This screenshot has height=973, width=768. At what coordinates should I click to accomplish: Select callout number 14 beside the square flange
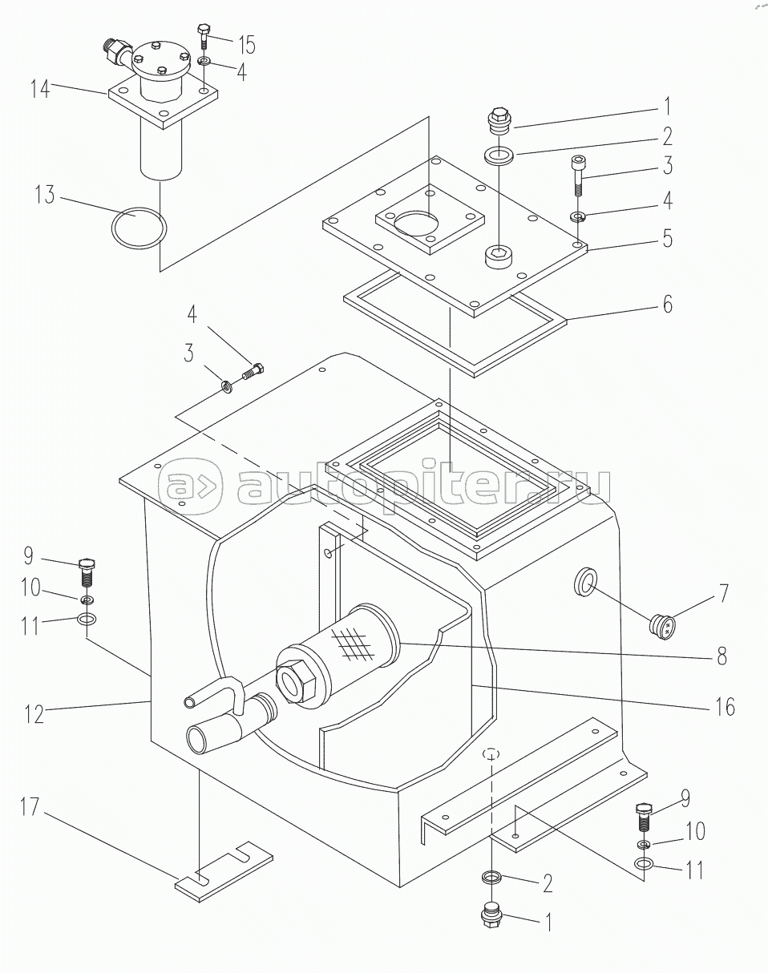click(x=41, y=88)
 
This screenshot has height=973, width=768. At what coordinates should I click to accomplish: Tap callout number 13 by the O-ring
click(x=45, y=195)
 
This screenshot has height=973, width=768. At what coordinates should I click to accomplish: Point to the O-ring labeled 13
click(x=139, y=228)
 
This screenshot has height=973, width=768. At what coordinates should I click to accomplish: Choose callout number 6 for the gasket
click(x=668, y=304)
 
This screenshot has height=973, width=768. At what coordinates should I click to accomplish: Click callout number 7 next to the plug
click(x=724, y=593)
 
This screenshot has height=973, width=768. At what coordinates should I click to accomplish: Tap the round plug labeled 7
click(x=662, y=627)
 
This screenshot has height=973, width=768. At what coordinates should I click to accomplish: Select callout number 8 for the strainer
click(x=722, y=656)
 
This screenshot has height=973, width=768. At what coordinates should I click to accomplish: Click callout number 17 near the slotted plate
click(x=30, y=807)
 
